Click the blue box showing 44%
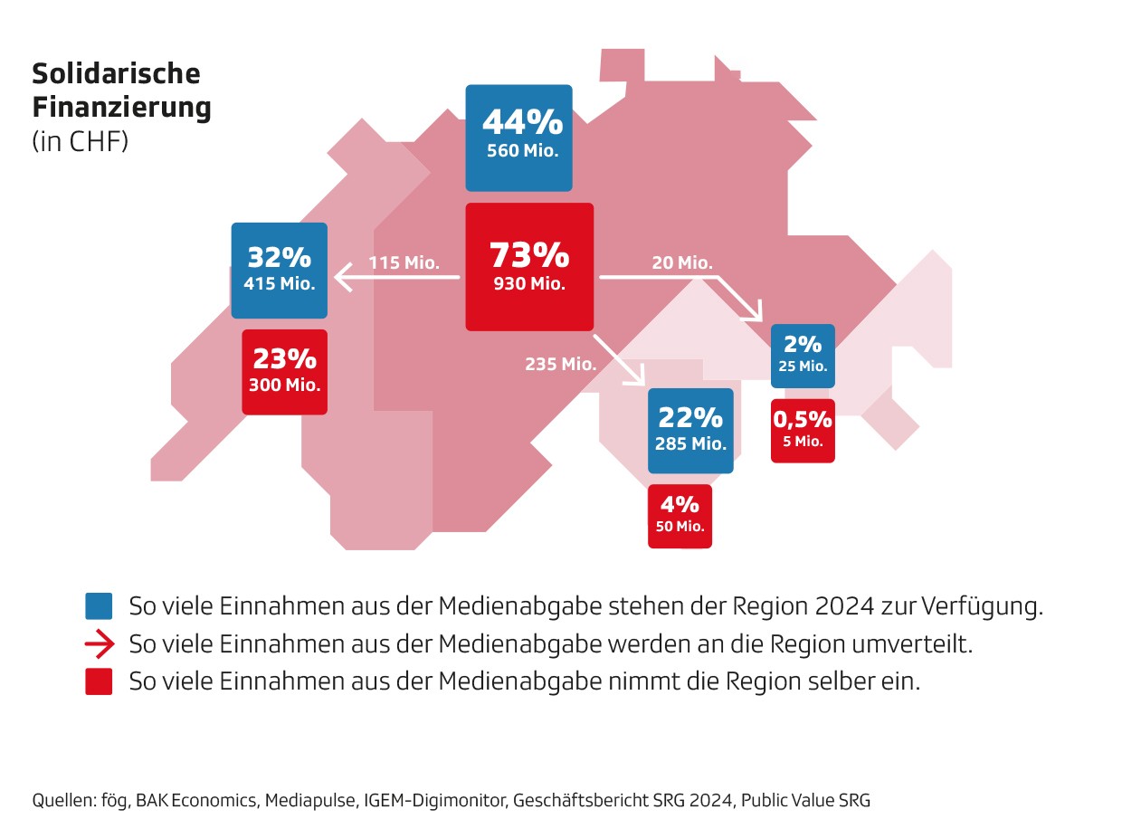[x=518, y=138]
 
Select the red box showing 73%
[x=529, y=266]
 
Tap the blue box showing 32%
[x=279, y=270]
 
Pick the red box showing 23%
[x=284, y=372]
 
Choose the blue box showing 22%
[x=690, y=430]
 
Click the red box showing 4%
[x=680, y=516]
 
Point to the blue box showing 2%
[x=803, y=356]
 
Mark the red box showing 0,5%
[x=803, y=430]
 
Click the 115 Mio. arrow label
[x=404, y=263]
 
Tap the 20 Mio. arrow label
[x=682, y=262]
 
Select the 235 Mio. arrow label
[x=560, y=364]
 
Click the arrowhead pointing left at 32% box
[x=341, y=277]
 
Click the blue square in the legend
[x=99, y=605]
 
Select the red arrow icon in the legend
[x=100, y=644]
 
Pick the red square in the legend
[x=99, y=681]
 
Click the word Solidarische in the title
[x=116, y=72]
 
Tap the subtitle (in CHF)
[x=81, y=142]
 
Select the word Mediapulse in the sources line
[x=310, y=800]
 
